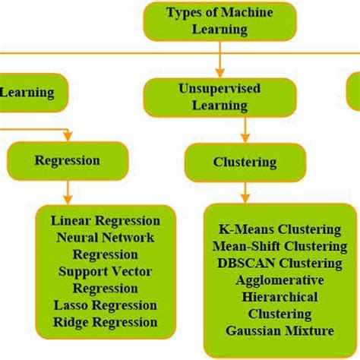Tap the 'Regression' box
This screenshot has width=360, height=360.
[68, 160]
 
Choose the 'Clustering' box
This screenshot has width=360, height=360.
[245, 161]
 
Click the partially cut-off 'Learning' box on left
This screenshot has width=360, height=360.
[30, 93]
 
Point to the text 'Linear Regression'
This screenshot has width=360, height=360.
[106, 221]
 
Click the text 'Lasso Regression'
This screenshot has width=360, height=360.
[106, 305]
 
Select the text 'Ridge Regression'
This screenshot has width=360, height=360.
[106, 322]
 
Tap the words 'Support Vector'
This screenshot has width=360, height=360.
[106, 271]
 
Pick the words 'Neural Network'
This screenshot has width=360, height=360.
[106, 238]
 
